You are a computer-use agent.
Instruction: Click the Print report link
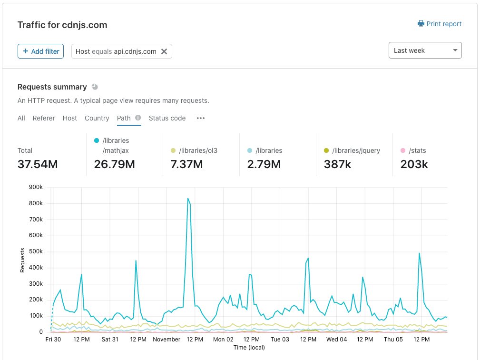440,24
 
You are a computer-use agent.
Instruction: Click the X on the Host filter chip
164,51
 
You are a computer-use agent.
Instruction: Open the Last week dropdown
425,50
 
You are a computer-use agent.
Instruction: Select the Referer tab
44,118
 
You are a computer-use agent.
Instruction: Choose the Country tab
97,118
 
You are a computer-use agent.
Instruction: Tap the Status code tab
167,118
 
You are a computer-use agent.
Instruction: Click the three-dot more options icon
201,118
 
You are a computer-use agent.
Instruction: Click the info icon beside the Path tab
138,118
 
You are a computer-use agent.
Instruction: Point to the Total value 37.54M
38,164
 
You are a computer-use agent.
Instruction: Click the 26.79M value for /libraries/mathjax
115,164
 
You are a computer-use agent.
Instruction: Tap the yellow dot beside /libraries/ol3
173,150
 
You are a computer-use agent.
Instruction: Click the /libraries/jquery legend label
356,150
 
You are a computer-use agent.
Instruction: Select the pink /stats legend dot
403,150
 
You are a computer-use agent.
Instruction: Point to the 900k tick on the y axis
36,187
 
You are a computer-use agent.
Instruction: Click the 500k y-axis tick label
36,251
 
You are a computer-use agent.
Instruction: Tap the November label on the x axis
167,340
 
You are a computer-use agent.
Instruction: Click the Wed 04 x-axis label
336,340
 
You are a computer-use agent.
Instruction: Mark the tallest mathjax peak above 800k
188,199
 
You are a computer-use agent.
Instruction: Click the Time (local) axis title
249,348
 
